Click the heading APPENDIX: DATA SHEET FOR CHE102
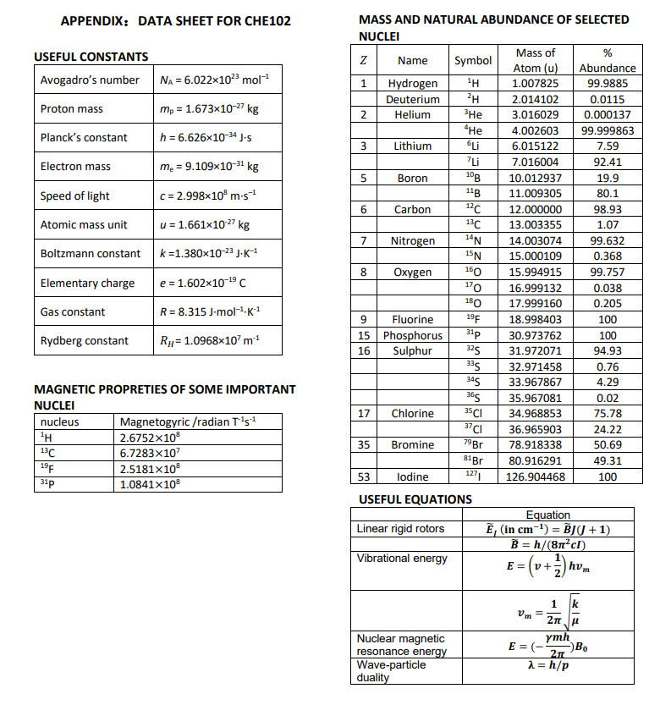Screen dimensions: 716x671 176,20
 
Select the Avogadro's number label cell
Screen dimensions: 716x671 90,80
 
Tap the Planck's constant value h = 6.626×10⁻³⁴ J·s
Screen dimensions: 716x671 201,138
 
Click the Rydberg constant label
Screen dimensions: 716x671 85,341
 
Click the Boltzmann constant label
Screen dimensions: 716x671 91,254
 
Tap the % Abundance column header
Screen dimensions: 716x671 607,60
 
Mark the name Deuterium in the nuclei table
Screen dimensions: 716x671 413,99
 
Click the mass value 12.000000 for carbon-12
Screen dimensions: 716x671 535,209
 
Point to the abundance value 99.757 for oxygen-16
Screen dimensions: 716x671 607,273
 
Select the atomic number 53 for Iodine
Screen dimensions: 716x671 363,476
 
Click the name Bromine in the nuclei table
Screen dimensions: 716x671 413,445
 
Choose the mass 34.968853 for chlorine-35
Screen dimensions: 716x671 535,414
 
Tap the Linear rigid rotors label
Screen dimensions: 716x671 400,529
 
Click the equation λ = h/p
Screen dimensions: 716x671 547,665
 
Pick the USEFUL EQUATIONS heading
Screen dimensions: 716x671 415,499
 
